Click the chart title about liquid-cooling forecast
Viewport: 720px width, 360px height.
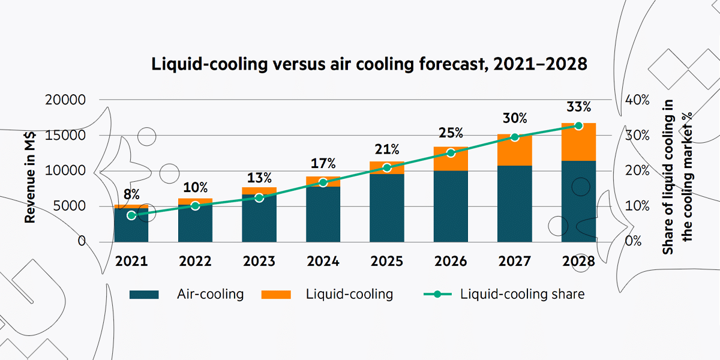coord(368,64)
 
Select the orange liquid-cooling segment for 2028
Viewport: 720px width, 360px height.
coord(578,142)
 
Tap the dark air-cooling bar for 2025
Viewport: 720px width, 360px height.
coord(387,208)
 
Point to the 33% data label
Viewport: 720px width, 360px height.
coord(578,107)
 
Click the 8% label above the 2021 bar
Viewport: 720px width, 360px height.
coord(131,194)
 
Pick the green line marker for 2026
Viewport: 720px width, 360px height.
coord(451,153)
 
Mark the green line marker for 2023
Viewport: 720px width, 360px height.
coord(259,197)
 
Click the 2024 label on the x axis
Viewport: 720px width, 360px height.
coord(323,262)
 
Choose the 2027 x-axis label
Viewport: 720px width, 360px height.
coord(514,262)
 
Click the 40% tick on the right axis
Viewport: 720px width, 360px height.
coord(637,100)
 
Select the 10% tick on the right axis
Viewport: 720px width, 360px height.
coord(637,206)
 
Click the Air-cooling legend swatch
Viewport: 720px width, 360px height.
coord(144,295)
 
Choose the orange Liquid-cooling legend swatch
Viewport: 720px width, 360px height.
coord(276,295)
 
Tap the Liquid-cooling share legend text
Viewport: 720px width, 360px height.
coord(522,294)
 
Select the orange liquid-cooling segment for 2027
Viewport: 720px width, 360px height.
coord(515,150)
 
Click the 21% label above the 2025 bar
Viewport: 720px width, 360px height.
coord(387,149)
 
